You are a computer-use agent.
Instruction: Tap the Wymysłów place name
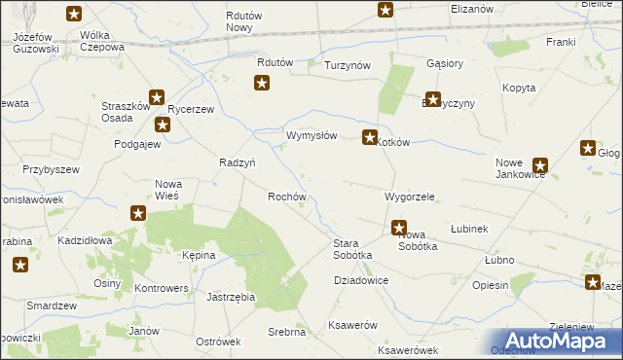click(x=311, y=136)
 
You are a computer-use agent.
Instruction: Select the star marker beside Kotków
click(x=370, y=139)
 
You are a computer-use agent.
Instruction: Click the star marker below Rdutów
click(x=262, y=84)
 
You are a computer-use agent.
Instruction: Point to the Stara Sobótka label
click(x=353, y=248)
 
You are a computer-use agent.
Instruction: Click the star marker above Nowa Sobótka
click(x=399, y=229)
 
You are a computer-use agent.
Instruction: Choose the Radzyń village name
click(x=238, y=163)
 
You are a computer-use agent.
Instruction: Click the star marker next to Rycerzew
click(x=162, y=125)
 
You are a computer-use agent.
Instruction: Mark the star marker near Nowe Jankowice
click(x=540, y=166)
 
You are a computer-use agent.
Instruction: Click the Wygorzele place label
click(x=409, y=197)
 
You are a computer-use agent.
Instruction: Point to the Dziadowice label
click(x=361, y=280)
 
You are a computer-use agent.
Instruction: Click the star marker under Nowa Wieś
click(x=138, y=213)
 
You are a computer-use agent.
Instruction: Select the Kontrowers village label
click(x=161, y=289)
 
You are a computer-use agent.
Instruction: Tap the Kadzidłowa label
click(x=86, y=239)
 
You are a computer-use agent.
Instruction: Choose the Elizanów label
click(x=473, y=8)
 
